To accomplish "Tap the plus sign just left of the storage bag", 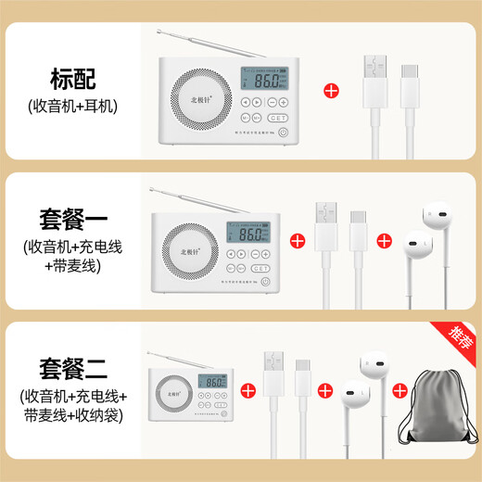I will coord(400,390).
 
